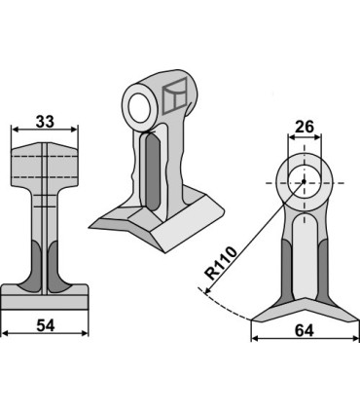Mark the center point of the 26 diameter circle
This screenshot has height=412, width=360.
303,181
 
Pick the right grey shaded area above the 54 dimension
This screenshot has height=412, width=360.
57,266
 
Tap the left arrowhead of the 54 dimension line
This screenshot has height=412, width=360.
5,332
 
